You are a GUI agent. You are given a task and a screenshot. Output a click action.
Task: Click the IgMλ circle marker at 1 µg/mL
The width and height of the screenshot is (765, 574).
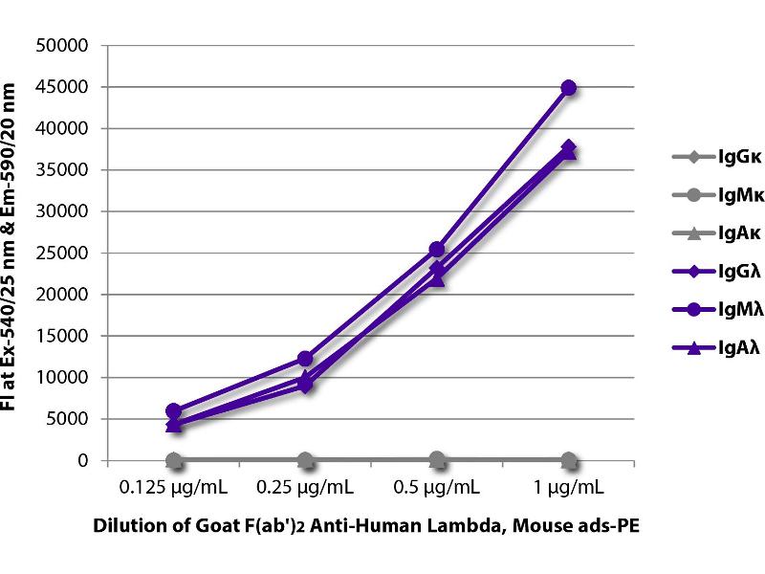(x=569, y=87)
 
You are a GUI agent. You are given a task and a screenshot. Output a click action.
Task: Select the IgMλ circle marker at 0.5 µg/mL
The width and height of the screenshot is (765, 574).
(x=437, y=250)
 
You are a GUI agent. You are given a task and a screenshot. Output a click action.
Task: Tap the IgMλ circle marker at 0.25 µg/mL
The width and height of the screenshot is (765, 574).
(x=305, y=359)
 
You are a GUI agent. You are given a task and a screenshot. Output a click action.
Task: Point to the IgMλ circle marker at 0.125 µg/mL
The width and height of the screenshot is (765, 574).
(x=173, y=410)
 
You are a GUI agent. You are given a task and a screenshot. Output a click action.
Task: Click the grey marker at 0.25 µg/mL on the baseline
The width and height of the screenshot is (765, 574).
(x=305, y=460)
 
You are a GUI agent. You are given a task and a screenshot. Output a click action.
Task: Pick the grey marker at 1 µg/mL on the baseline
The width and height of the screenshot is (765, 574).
(x=569, y=460)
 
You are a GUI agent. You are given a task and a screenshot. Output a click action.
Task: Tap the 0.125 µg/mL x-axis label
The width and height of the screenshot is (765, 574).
(x=173, y=487)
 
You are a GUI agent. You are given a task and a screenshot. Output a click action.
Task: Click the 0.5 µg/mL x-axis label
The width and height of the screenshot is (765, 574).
(x=437, y=487)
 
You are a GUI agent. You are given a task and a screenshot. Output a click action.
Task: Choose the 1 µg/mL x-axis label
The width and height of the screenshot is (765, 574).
(x=569, y=487)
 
